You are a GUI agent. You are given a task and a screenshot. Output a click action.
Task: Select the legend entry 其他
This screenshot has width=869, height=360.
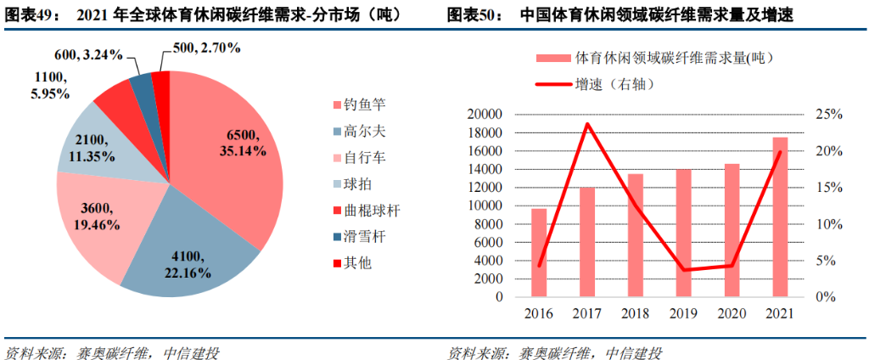(357, 263)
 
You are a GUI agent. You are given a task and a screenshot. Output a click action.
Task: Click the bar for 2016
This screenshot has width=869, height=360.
(540, 253)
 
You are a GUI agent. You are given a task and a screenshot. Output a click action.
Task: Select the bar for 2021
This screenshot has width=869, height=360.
(780, 217)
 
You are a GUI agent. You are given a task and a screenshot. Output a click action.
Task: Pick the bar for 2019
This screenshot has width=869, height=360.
(684, 233)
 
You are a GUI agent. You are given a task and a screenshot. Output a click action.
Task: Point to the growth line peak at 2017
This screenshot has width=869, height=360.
(587, 124)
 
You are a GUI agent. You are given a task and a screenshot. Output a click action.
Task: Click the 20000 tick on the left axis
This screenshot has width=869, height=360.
(485, 115)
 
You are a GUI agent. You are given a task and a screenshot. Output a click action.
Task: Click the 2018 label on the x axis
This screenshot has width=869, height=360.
(636, 313)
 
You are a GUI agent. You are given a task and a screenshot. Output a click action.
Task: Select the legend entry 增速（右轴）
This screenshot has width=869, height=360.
(597, 85)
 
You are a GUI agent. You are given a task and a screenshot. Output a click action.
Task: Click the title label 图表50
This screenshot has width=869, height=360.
(474, 14)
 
